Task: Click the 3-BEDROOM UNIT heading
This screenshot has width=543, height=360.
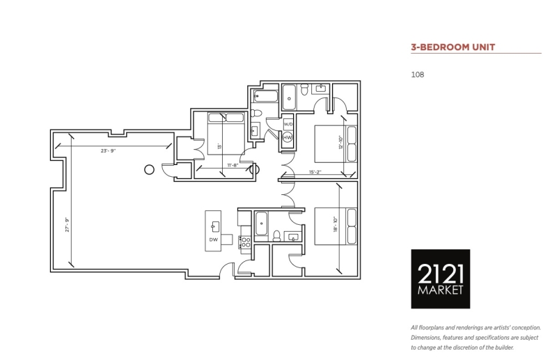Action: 453,47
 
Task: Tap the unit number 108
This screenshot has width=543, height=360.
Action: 418,75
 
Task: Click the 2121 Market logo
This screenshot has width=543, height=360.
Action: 441,279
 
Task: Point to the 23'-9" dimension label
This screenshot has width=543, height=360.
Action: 108,150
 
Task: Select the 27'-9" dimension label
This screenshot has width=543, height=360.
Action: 68,224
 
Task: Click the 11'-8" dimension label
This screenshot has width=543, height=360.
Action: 233,165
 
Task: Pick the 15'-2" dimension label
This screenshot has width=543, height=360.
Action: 315,172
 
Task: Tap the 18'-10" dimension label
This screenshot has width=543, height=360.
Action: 336,224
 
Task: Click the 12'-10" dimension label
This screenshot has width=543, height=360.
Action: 340,143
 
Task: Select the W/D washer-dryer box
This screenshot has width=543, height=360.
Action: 288,124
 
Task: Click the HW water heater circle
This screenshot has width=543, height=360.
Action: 288,137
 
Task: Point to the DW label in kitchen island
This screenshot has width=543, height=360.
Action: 213,240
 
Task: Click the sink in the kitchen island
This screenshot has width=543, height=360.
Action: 215,226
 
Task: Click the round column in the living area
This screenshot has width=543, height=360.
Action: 149,170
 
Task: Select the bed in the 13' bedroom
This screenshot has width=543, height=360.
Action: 226,134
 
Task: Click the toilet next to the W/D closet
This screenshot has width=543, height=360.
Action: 256,113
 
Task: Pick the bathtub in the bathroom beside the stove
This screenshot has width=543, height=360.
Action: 261,224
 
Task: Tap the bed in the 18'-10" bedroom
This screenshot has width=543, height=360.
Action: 336,226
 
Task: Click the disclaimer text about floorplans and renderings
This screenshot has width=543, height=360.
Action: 475,338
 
